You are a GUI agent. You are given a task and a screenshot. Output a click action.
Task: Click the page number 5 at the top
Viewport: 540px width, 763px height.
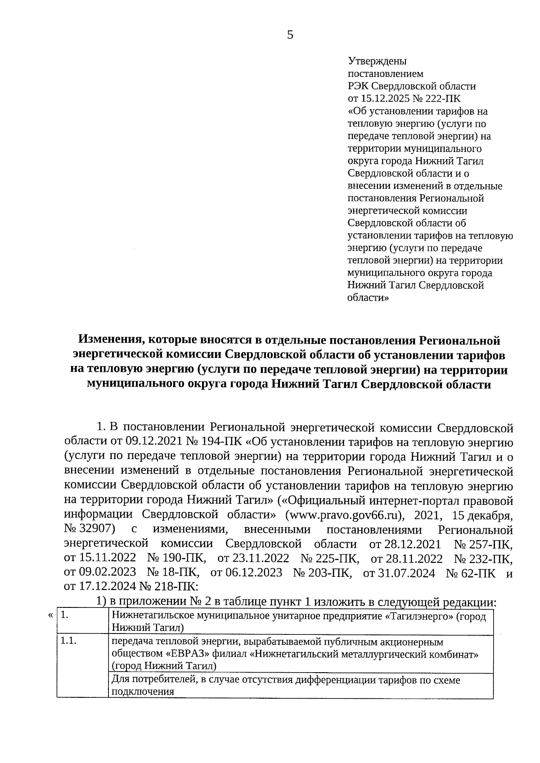click(290, 35)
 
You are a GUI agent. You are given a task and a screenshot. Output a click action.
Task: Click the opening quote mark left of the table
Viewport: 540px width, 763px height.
click(50, 615)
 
